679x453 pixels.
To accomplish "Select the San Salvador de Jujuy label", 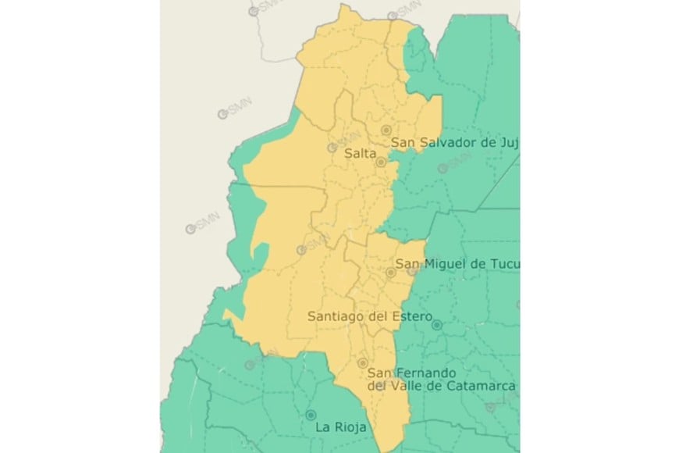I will click(x=454, y=142).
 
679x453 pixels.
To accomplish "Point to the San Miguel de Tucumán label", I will click(x=457, y=264).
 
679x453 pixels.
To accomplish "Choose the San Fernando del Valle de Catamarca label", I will click(x=442, y=379).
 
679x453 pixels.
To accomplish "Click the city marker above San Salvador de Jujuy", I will click(x=386, y=130).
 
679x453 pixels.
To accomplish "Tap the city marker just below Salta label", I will click(x=381, y=162).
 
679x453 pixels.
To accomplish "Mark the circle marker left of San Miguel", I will click(x=391, y=273).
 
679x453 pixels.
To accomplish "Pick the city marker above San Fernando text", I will click(x=363, y=363).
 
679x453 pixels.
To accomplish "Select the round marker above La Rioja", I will click(x=311, y=415).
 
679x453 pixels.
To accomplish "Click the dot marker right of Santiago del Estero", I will click(x=437, y=324).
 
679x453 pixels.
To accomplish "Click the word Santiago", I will click(x=334, y=316).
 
